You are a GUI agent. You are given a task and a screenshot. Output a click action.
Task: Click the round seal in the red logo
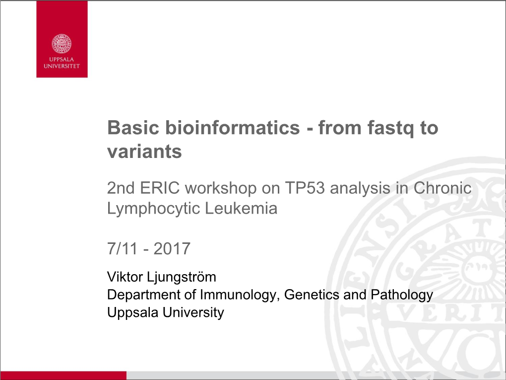coord(62,44)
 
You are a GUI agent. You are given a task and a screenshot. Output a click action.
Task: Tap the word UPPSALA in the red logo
coord(62,60)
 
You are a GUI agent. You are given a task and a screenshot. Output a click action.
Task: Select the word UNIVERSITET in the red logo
coord(62,66)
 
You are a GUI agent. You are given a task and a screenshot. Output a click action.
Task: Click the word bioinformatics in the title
coord(233,128)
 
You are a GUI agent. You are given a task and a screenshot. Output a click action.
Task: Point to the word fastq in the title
coord(390,129)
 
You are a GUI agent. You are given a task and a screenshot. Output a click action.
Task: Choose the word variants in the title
coord(144,152)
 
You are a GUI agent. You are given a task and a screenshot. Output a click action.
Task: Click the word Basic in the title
coord(133,128)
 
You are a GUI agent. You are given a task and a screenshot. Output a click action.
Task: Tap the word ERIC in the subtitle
coord(160,188)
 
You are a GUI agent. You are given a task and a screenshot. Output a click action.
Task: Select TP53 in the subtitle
coord(305,188)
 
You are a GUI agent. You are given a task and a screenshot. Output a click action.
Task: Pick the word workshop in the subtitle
coord(221,188)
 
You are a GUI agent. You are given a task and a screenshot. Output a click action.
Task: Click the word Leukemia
coord(241,208)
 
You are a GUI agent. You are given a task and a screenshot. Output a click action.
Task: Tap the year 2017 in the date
coord(172,248)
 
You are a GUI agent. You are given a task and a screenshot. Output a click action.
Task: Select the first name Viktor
coord(125,277)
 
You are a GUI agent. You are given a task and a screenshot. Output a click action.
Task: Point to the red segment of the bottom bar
coord(63,376)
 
